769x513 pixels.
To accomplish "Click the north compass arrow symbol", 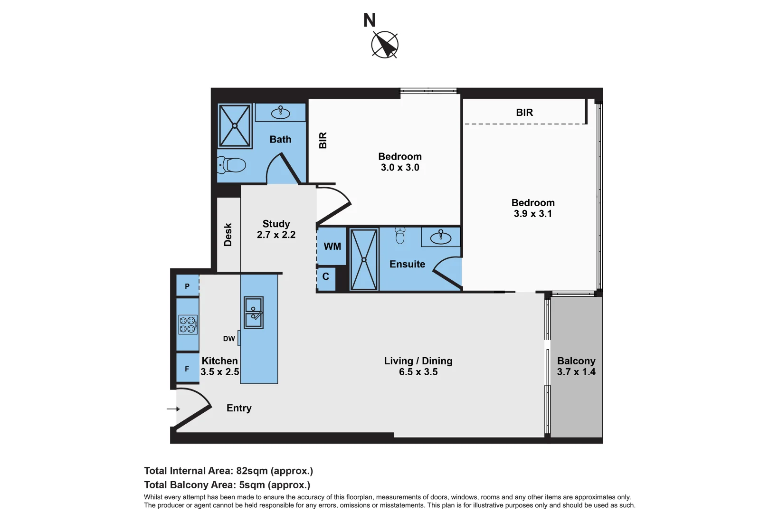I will pyautogui.click(x=385, y=45).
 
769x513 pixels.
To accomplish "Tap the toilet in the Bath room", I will pyautogui.click(x=232, y=165).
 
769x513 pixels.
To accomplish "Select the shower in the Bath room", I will pyautogui.click(x=235, y=126).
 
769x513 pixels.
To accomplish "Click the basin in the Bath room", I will pyautogui.click(x=280, y=113).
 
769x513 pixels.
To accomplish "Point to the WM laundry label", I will pyautogui.click(x=332, y=247).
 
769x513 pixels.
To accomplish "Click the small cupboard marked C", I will pyautogui.click(x=326, y=276).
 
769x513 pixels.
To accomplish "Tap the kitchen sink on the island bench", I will pyautogui.click(x=254, y=313).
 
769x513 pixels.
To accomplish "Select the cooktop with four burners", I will pyautogui.click(x=188, y=324).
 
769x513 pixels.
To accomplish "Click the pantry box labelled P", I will pyautogui.click(x=187, y=286).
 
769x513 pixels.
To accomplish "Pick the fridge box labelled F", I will pyautogui.click(x=187, y=369).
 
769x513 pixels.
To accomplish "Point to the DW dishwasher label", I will pyautogui.click(x=229, y=339).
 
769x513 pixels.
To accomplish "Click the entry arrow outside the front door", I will pyautogui.click(x=173, y=408).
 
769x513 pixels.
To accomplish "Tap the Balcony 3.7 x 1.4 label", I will pyautogui.click(x=576, y=366).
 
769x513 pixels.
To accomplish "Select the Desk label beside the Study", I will pyautogui.click(x=228, y=235).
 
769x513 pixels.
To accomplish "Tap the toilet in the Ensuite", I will pyautogui.click(x=400, y=236).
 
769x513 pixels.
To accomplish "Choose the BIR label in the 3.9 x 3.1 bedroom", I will pyautogui.click(x=524, y=113).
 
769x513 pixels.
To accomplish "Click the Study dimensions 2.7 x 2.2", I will pyautogui.click(x=276, y=235).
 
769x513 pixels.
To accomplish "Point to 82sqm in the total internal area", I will pyautogui.click(x=252, y=471).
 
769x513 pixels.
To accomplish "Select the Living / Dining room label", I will pyautogui.click(x=418, y=361).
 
